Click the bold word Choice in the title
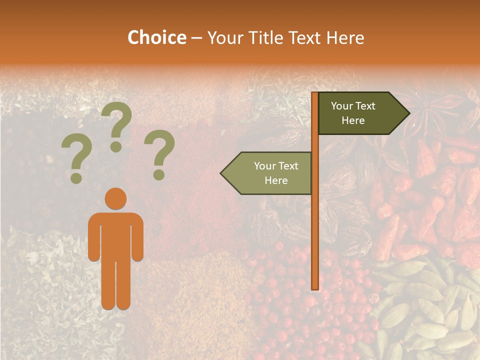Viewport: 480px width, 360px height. pos(156,37)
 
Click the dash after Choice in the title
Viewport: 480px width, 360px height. pos(196,38)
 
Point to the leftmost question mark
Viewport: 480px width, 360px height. pos(76,160)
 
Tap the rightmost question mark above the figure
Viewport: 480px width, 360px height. pos(159,154)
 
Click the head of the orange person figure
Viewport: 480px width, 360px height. pos(116,199)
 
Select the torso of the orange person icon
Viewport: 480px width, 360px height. pos(116,235)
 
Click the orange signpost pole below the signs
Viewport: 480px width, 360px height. pos(315,240)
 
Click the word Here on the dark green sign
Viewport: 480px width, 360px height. pos(353,120)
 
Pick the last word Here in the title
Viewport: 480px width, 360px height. pos(345,37)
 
